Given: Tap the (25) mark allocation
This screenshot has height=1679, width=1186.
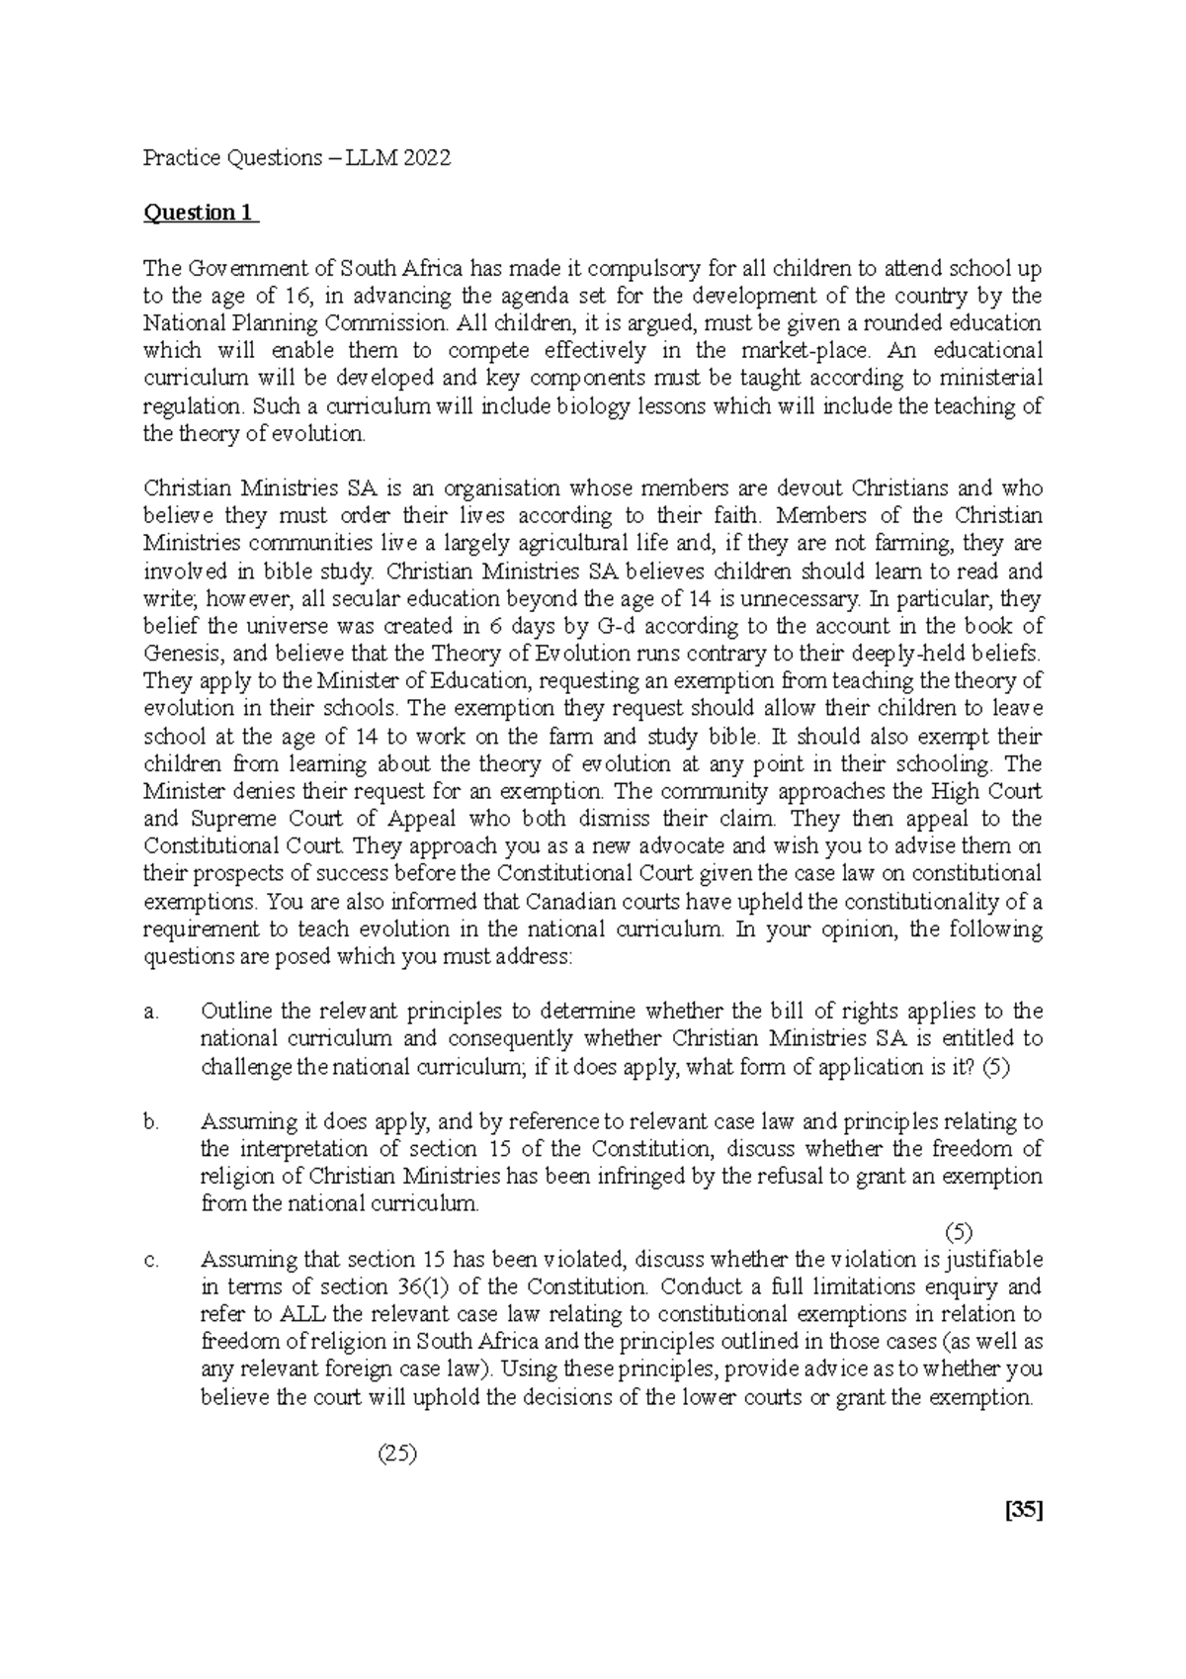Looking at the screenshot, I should pyautogui.click(x=396, y=1454).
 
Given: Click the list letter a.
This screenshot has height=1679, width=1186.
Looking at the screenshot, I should pyautogui.click(x=150, y=1012).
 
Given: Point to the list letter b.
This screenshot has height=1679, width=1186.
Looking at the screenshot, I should pyautogui.click(x=150, y=1122).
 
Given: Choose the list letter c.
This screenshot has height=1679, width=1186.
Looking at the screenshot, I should pyautogui.click(x=150, y=1260).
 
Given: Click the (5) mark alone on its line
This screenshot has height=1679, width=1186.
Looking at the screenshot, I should pyautogui.click(x=958, y=1232).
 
